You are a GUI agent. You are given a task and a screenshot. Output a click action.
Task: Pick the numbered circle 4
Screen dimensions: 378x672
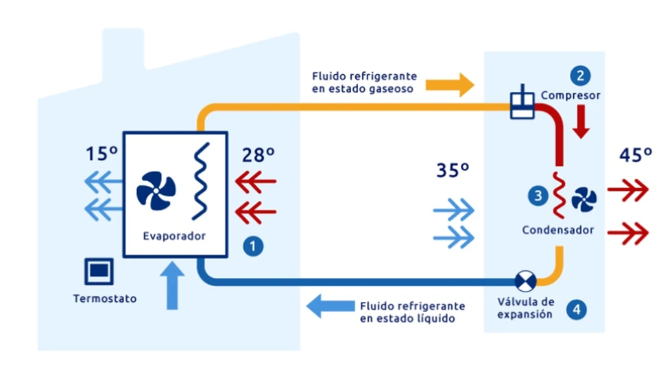point(577,309)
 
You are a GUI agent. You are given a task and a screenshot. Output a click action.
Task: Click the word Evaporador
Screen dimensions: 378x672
point(174,236)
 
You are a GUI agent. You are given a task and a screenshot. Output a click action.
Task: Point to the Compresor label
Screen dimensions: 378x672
point(571,95)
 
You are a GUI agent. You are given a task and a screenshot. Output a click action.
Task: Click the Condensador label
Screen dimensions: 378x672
point(558,230)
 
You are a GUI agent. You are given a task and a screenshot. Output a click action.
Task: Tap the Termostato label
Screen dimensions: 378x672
point(104,298)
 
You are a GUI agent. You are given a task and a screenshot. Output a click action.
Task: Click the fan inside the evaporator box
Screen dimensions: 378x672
point(156,190)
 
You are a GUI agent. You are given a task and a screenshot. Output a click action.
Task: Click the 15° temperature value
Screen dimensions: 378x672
point(101,154)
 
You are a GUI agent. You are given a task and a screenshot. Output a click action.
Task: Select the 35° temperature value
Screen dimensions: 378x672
point(453,169)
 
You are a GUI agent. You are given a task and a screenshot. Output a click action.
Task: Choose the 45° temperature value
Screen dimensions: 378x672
point(635,154)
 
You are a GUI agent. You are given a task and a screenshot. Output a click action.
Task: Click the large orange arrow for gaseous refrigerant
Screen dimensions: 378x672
point(449,85)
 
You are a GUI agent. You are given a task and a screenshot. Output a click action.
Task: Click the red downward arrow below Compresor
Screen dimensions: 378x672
point(581,123)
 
